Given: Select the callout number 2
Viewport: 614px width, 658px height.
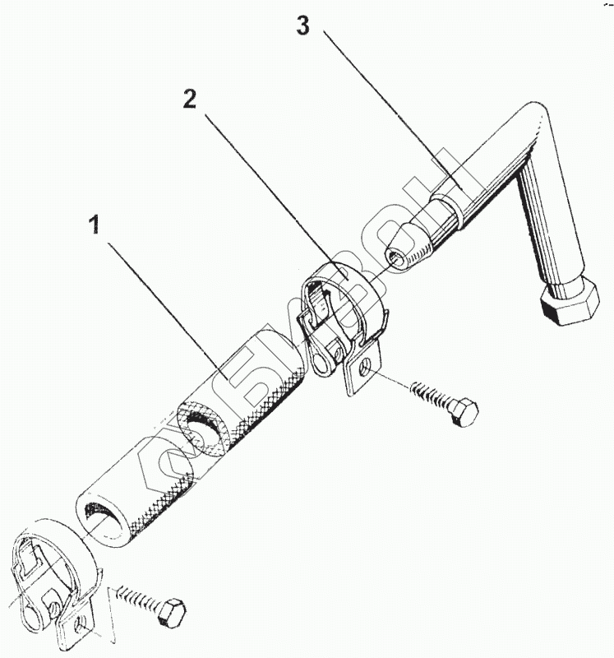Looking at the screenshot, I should coord(190,100).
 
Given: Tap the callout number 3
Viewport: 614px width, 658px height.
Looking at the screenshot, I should coord(302,26).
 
